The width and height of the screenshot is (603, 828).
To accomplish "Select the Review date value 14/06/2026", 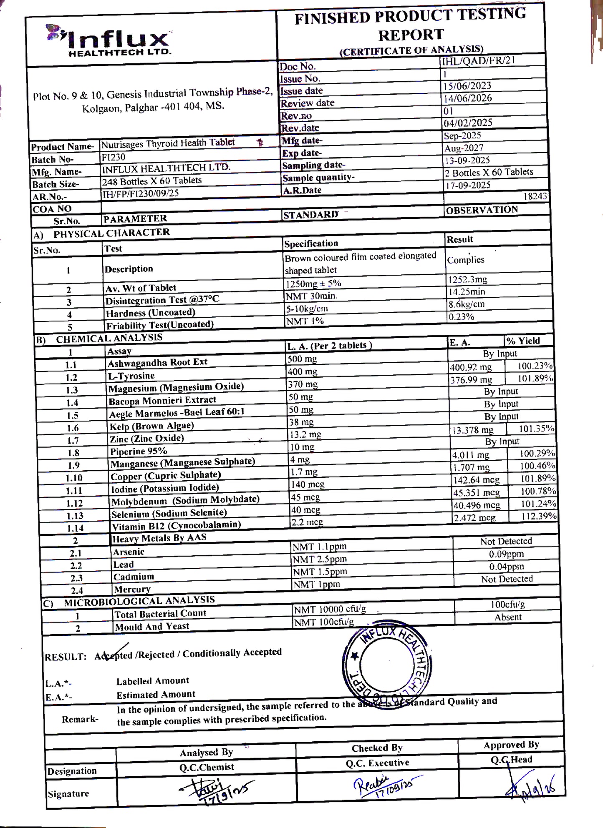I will (468, 98).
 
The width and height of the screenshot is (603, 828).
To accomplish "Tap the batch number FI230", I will (114, 157).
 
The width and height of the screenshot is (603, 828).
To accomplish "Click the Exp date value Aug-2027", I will (464, 148).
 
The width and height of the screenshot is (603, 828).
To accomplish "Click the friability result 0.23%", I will (461, 317).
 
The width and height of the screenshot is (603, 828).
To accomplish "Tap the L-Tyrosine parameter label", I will (131, 376).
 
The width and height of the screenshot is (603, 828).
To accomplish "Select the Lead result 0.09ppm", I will (506, 554).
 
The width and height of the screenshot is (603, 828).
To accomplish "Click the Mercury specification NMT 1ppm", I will (316, 585).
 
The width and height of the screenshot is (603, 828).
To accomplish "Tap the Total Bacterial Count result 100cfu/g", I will (508, 605).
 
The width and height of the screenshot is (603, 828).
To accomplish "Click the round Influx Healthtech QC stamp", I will (387, 663).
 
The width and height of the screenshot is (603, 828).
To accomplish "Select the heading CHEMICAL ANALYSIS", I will (109, 338).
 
